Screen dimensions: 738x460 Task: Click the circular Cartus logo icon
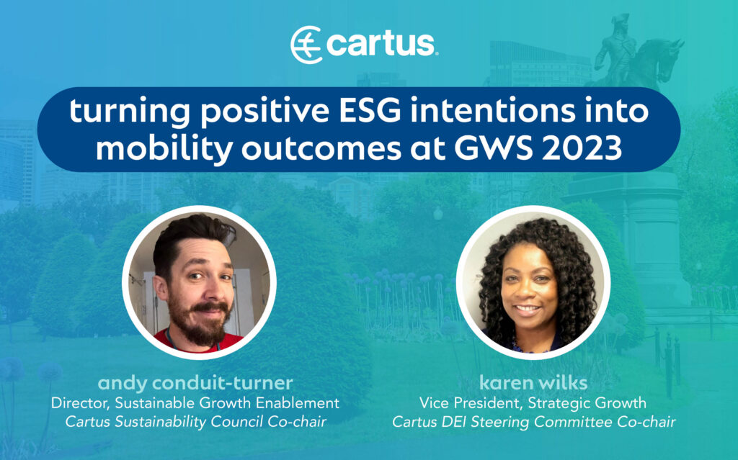306,45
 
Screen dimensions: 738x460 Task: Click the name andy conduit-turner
195,382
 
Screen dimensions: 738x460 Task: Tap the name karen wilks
533,382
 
